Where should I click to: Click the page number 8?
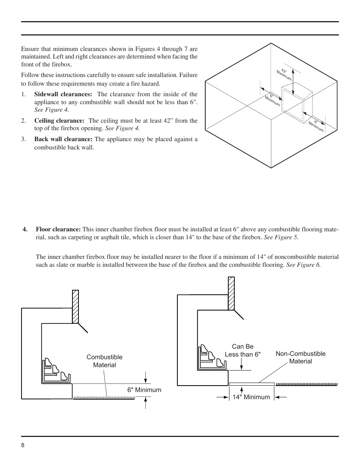23,445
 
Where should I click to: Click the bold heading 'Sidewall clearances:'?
63,94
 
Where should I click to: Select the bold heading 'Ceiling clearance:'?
59,121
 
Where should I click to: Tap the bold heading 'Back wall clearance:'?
63,139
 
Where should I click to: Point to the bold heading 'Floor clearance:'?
58,229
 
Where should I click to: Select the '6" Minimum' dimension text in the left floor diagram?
144,390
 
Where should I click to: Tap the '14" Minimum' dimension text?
251,397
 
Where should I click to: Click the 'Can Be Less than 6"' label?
243,351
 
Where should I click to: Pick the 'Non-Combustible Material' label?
300,357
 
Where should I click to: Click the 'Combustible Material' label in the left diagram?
105,361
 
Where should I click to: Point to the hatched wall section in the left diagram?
75,306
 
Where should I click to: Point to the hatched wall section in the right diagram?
231,293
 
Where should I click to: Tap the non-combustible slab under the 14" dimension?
252,384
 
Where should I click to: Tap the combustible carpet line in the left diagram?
104,397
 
